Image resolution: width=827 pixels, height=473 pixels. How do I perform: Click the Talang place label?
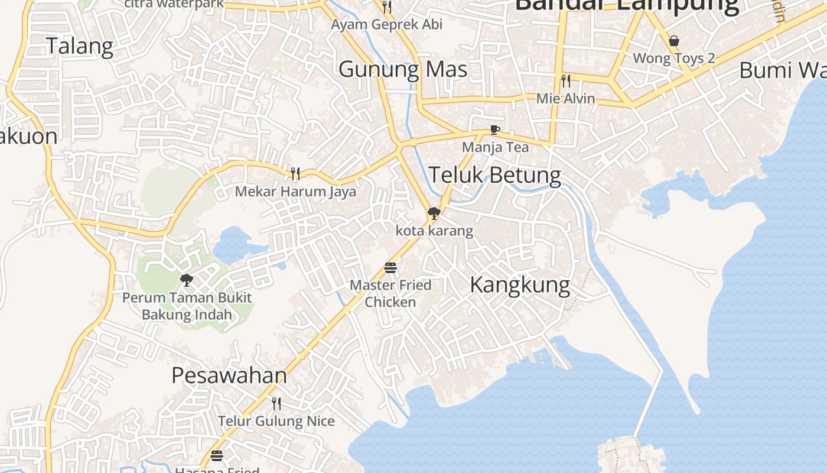pyautogui.click(x=79, y=46)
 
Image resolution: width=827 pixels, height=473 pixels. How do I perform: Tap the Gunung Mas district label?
pyautogui.click(x=403, y=69)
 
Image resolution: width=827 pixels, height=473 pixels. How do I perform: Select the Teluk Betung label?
pyautogui.click(x=494, y=175)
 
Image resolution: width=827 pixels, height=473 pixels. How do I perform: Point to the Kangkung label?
pyautogui.click(x=520, y=285)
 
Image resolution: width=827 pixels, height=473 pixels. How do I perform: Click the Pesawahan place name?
pyautogui.click(x=229, y=375)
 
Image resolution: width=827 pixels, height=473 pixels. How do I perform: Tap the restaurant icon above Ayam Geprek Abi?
pyautogui.click(x=387, y=7)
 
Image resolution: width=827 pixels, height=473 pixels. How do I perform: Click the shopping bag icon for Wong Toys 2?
pyautogui.click(x=673, y=41)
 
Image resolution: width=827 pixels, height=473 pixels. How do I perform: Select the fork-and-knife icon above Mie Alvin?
pyautogui.click(x=566, y=81)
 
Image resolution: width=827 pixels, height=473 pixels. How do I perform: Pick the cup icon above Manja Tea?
pyautogui.click(x=495, y=130)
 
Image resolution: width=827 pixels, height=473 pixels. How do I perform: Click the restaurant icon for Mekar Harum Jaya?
pyautogui.click(x=295, y=173)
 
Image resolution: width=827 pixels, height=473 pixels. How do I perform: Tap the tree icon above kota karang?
pyautogui.click(x=434, y=213)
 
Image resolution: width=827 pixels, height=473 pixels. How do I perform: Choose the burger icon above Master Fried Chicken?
pyautogui.click(x=390, y=268)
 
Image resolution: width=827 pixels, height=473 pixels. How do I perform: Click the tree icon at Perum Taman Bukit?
pyautogui.click(x=187, y=280)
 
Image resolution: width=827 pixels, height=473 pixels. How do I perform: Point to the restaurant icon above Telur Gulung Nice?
pyautogui.click(x=276, y=404)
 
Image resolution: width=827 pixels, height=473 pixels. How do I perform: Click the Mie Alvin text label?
pyautogui.click(x=565, y=98)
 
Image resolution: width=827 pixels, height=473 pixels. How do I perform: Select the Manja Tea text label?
pyautogui.click(x=495, y=147)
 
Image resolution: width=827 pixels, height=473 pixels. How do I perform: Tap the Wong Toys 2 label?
pyautogui.click(x=674, y=58)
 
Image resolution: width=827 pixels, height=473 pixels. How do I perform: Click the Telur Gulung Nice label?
pyautogui.click(x=276, y=421)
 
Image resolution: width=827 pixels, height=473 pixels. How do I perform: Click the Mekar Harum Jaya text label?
pyautogui.click(x=295, y=192)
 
